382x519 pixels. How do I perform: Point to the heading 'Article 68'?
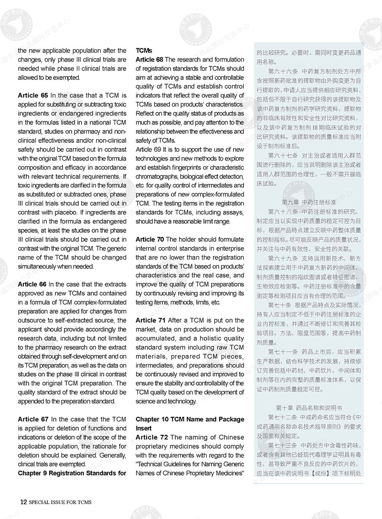[149, 59]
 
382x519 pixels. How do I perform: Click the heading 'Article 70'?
[149, 239]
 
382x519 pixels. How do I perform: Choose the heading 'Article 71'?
[149, 320]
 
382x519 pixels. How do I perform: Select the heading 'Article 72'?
[149, 437]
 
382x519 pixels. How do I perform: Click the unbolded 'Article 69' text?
[149, 150]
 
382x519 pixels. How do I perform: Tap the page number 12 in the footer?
[23, 502]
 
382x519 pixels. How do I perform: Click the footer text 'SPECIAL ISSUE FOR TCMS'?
[60, 502]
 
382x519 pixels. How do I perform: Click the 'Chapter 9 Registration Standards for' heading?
[72, 474]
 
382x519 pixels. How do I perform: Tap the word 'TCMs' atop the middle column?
[144, 50]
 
